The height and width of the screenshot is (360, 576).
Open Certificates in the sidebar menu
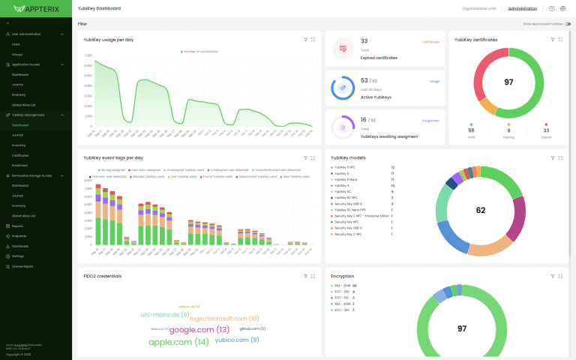pyautogui.click(x=20, y=155)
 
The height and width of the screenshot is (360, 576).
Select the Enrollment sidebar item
pyautogui.click(x=19, y=165)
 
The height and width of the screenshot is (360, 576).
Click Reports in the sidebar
pyautogui.click(x=17, y=226)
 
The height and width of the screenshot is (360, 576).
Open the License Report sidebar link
pyautogui.click(x=22, y=266)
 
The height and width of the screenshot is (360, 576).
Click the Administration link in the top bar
pyautogui.click(x=522, y=8)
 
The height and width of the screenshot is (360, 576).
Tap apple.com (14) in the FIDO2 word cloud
pyautogui.click(x=178, y=342)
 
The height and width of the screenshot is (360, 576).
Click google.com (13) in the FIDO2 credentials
pyautogui.click(x=199, y=329)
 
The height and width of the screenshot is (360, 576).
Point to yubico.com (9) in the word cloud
pyautogui.click(x=237, y=340)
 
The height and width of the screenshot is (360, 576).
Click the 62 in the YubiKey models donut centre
pyautogui.click(x=481, y=211)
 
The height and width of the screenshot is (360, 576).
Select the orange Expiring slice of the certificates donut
pyautogui.click(x=487, y=106)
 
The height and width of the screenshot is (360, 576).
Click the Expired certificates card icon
pyautogui.click(x=343, y=49)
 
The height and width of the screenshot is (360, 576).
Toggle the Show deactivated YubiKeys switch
pyautogui.click(x=568, y=24)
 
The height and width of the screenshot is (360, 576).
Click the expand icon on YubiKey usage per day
pyautogui.click(x=313, y=39)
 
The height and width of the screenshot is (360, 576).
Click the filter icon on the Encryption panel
pyautogui.click(x=552, y=276)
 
